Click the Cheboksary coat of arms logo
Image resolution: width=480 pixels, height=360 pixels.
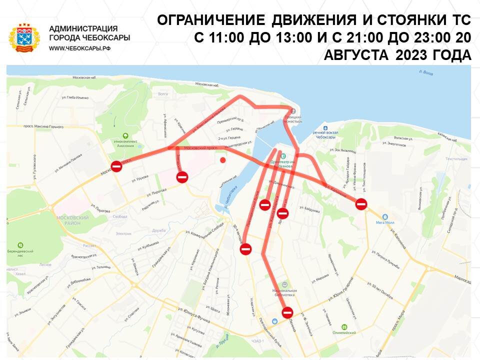coord(24,37)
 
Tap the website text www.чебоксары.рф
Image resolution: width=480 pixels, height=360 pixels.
coord(79,48)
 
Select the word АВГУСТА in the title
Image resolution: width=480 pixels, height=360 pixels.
coord(356,55)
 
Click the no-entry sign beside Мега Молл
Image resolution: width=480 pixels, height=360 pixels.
coord(361,203)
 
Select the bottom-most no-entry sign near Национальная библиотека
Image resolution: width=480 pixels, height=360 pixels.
coord(287,313)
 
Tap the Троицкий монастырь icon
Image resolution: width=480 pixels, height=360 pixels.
coord(293,111)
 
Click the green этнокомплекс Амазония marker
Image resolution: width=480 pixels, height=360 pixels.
coord(125,135)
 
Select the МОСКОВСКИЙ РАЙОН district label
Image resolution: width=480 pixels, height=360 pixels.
coord(73,220)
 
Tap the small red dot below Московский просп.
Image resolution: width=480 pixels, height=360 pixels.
coord(222,160)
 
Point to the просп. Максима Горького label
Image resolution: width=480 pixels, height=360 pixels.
coord(43,127)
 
